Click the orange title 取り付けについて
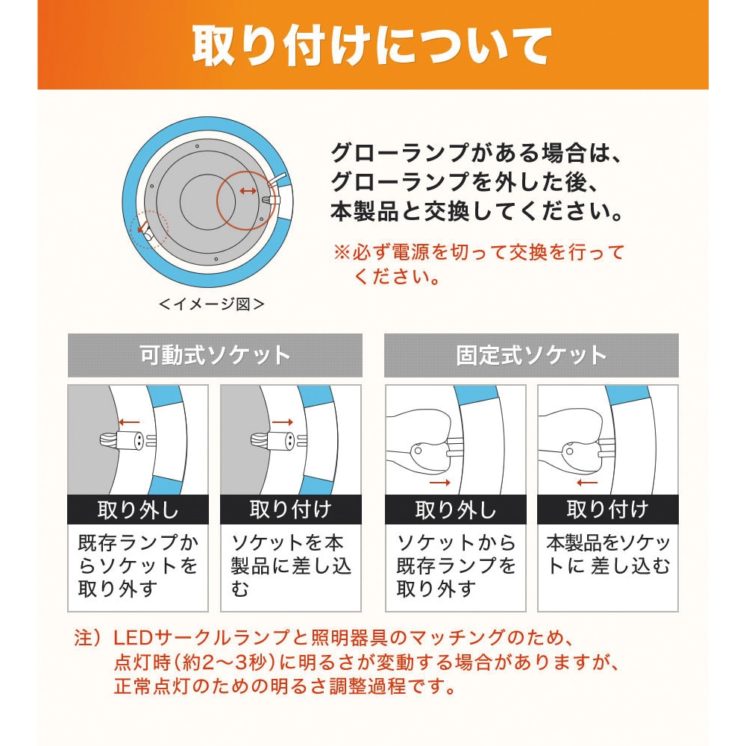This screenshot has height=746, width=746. (x=372, y=46)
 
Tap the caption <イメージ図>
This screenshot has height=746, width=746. (x=212, y=304)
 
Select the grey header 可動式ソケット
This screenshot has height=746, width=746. (x=215, y=355)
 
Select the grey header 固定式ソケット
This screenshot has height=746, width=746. (x=531, y=355)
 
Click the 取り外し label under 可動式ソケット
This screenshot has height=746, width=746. (x=138, y=510)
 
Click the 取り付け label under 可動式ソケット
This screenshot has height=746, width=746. (x=291, y=510)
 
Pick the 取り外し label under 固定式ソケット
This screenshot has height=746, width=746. (x=456, y=510)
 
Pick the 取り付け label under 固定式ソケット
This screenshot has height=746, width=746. (x=607, y=510)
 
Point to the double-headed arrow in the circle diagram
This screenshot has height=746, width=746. (x=248, y=191)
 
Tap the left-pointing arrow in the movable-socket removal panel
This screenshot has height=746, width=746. (x=129, y=422)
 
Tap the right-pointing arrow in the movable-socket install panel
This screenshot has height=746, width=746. (x=283, y=422)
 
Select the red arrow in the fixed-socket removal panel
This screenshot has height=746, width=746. (x=440, y=483)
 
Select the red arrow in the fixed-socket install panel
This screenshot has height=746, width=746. (x=586, y=483)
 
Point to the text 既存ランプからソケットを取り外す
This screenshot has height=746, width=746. (x=138, y=565)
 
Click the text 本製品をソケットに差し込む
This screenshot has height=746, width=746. (x=608, y=554)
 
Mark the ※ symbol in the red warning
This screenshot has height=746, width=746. (x=342, y=252)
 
